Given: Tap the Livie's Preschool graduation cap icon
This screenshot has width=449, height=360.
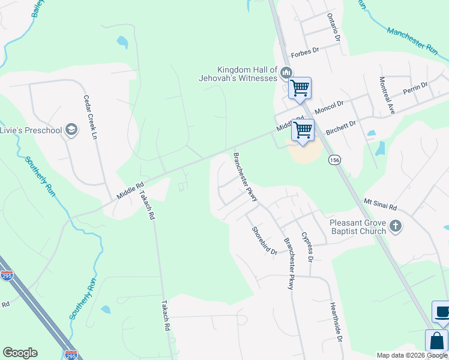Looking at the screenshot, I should (x=71, y=130).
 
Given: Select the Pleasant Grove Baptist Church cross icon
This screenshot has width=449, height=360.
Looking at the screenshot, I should (x=395, y=226).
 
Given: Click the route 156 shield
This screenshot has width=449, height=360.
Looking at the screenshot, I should (x=334, y=160).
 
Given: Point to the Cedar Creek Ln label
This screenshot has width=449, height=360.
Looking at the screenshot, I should (x=90, y=118).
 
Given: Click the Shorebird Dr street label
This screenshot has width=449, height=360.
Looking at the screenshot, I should (x=265, y=240).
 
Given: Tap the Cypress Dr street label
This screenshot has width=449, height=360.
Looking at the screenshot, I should (x=307, y=247).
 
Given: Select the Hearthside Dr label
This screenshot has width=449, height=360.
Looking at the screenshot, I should (x=336, y=322).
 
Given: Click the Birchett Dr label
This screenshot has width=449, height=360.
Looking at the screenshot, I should (x=341, y=127).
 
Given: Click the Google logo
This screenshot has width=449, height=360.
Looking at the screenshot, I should (x=20, y=353).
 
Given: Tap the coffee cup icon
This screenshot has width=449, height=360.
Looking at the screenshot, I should (x=441, y=313).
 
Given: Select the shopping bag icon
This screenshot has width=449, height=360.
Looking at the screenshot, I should (x=436, y=340).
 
